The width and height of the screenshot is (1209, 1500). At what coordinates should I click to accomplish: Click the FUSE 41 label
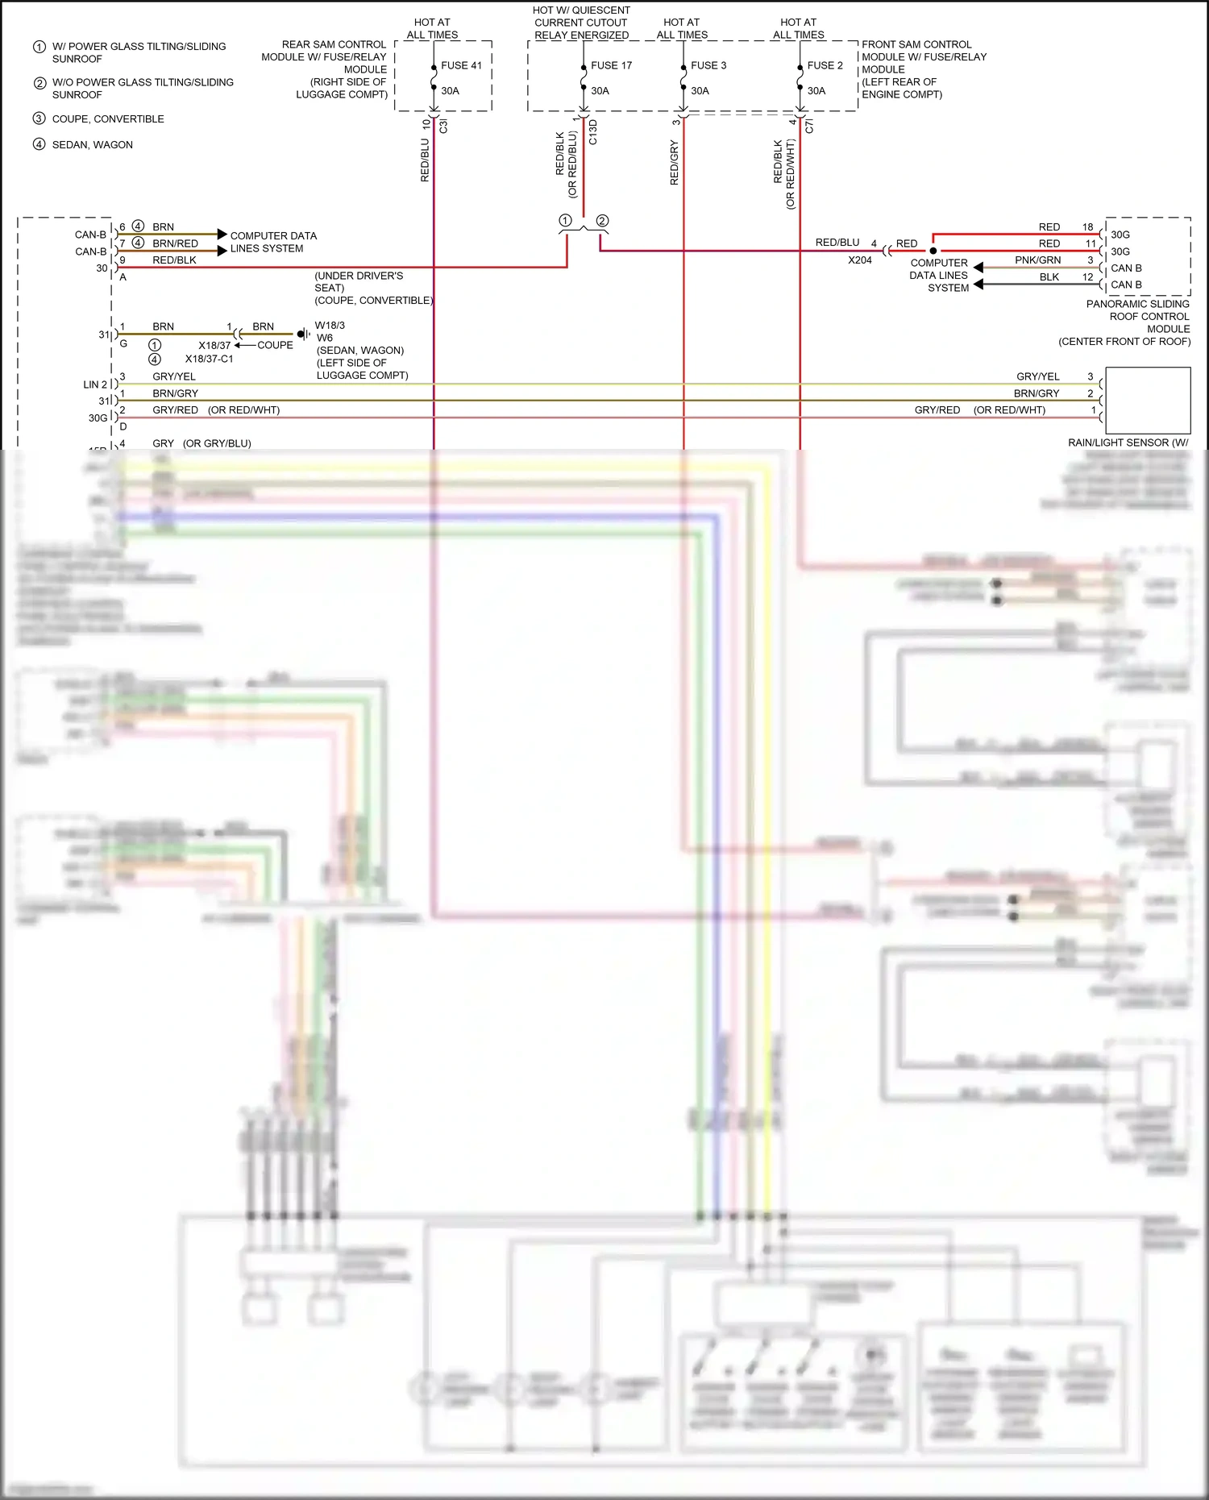click(461, 65)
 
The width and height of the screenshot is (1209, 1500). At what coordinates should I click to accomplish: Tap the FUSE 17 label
click(611, 65)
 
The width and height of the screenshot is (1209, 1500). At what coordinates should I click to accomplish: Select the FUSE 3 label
click(708, 65)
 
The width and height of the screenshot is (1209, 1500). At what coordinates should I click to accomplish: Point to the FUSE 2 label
click(825, 65)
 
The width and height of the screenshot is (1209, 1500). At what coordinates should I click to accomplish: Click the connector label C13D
click(593, 132)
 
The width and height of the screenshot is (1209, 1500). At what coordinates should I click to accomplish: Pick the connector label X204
click(859, 260)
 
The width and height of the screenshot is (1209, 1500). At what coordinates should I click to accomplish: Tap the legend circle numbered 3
click(39, 118)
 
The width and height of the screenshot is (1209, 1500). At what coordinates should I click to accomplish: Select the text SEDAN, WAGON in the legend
click(92, 145)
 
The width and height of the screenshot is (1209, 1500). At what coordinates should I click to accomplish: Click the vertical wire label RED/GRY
click(675, 163)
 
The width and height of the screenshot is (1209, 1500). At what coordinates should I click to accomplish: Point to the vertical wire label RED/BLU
click(425, 160)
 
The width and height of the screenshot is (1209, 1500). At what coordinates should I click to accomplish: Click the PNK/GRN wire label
click(1037, 260)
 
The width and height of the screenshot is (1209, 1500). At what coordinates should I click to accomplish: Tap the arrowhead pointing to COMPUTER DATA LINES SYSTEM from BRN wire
click(222, 235)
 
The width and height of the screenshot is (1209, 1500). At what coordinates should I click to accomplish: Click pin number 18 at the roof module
click(1087, 227)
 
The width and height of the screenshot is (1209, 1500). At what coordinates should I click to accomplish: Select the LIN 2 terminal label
click(95, 384)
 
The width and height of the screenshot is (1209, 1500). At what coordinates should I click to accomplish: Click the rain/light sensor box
click(1148, 401)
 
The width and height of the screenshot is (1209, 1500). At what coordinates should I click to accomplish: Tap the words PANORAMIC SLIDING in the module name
click(1137, 304)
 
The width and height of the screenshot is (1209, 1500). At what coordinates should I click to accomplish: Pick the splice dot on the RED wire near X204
click(933, 251)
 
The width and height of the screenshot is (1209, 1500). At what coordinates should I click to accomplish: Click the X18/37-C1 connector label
click(209, 359)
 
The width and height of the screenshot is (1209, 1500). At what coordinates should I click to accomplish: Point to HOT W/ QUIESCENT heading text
click(581, 10)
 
